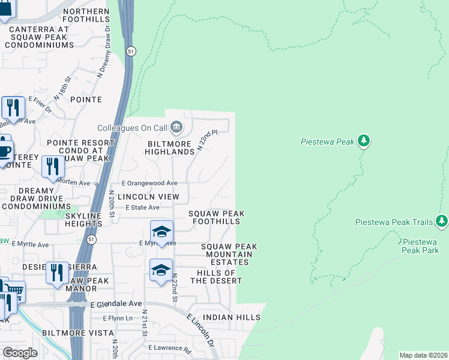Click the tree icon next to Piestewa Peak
[363, 142]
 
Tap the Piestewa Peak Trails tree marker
[442, 222]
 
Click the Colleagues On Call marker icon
[176, 127]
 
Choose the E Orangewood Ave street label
[150, 183]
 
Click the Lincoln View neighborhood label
[143, 197]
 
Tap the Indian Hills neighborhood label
[232, 317]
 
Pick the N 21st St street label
[145, 323]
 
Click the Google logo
[20, 352]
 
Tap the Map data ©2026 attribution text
[423, 355]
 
